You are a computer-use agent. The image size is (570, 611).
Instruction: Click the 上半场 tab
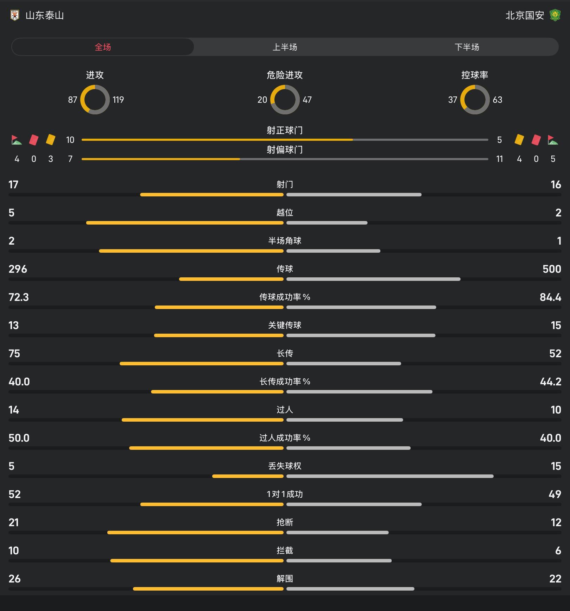(285, 47)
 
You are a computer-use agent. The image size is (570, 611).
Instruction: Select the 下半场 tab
(467, 47)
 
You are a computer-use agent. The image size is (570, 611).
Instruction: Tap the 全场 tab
(103, 47)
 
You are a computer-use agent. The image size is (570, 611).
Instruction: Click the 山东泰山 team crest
(15, 15)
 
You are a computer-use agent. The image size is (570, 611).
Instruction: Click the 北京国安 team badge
(555, 15)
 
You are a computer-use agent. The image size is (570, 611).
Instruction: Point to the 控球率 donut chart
(475, 100)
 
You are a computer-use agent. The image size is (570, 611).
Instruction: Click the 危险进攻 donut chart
(285, 100)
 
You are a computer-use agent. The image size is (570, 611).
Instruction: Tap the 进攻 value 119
(118, 100)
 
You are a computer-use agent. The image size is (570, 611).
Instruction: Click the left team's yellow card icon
(51, 140)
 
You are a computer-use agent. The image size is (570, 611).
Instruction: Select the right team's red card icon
(536, 140)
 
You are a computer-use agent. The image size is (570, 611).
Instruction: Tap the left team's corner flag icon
(17, 140)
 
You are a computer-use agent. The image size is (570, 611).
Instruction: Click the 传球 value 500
(551, 269)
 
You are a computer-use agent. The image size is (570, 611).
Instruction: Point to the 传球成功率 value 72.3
(19, 297)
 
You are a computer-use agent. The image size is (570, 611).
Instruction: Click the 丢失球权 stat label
(285, 466)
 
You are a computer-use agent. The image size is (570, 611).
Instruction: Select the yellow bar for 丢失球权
(248, 476)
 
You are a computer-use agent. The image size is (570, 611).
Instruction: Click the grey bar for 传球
(373, 279)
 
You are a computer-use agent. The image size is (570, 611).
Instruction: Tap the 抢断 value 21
(14, 523)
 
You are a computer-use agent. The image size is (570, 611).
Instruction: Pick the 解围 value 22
(555, 579)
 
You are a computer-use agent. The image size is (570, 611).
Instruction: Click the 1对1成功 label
(285, 494)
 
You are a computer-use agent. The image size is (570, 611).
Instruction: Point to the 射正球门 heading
(285, 131)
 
